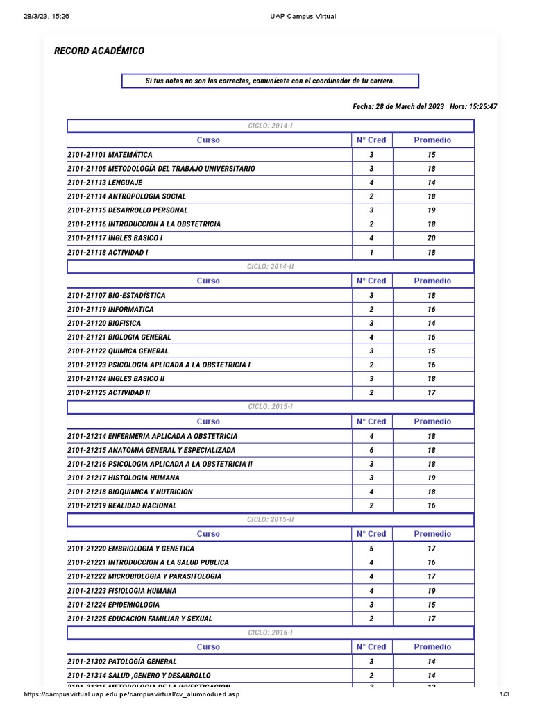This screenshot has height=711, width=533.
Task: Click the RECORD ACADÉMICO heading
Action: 99,51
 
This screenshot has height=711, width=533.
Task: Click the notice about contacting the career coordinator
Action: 270,81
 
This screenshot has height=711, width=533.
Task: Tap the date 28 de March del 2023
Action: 398,107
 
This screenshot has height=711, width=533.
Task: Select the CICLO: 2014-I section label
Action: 271,126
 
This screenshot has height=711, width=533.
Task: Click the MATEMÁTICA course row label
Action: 110,155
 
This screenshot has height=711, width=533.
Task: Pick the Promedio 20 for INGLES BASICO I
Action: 432,238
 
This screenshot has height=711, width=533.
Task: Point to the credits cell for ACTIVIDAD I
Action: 371,253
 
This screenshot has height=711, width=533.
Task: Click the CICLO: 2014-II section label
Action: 271,267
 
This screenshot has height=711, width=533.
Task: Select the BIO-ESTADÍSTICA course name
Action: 116,296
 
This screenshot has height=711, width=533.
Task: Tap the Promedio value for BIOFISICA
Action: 432,324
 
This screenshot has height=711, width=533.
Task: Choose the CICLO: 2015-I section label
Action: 271,407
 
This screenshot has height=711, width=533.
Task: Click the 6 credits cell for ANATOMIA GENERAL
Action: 371,450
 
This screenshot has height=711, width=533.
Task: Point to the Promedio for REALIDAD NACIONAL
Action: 432,506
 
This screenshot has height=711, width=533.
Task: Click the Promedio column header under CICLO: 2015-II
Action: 432,534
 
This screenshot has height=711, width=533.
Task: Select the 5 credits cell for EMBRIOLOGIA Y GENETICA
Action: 371,549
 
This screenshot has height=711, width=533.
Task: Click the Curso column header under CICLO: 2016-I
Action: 208,647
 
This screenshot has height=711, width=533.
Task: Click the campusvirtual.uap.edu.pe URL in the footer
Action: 132,695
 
